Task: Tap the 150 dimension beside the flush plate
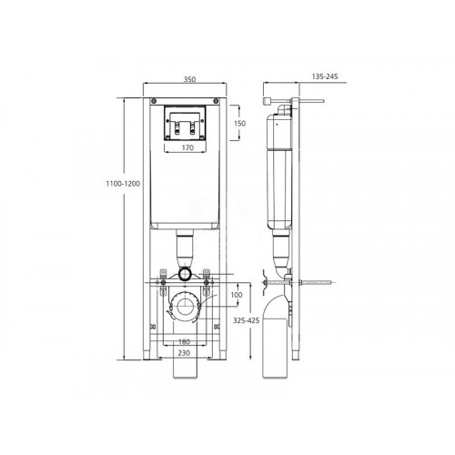[239, 124]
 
